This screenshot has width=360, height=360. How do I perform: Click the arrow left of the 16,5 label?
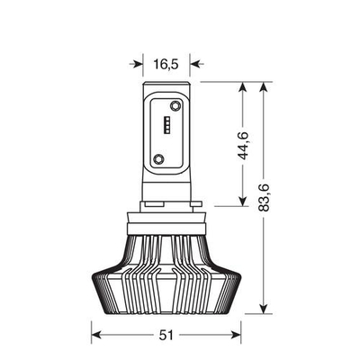coord(138,64)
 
